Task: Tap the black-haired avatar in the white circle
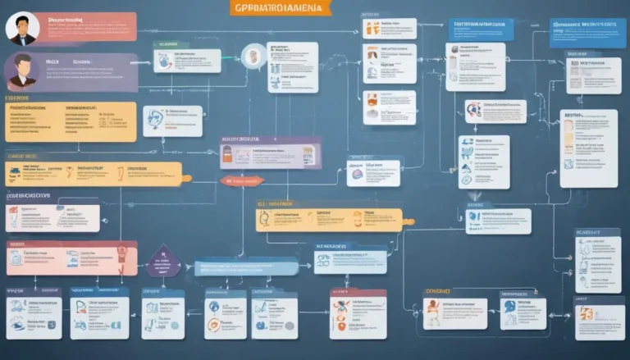[22, 28]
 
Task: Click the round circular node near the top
[253, 53]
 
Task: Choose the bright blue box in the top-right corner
[588, 32]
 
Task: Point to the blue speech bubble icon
[474, 218]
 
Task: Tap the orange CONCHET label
[439, 291]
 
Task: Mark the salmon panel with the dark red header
[71, 257]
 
